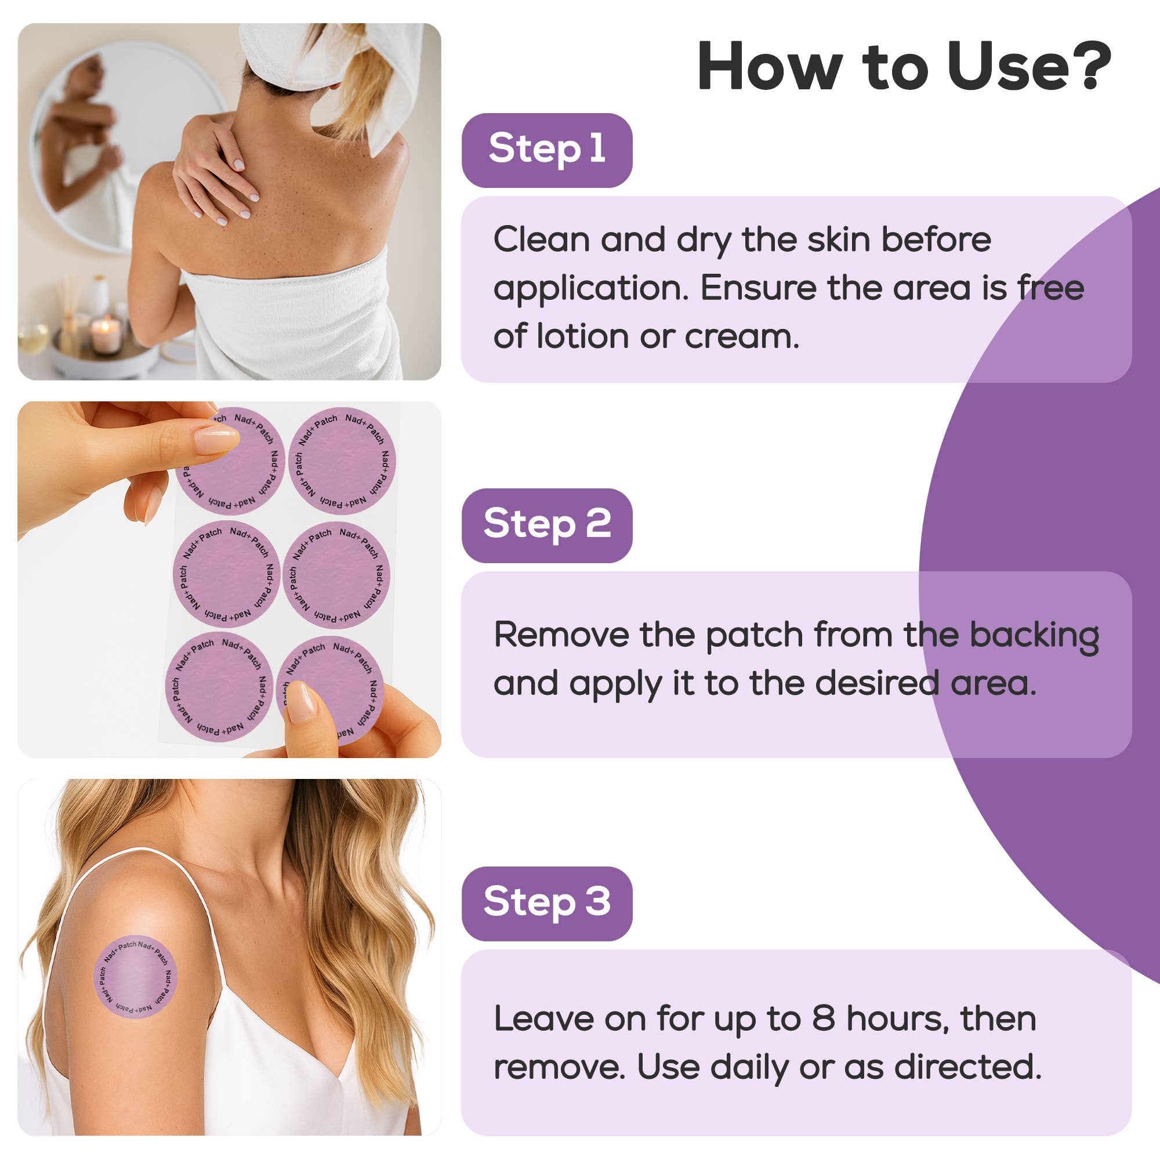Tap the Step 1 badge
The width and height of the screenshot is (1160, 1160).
(x=546, y=150)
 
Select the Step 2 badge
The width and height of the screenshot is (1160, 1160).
(x=546, y=525)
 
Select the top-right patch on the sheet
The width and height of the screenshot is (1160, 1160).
(x=342, y=461)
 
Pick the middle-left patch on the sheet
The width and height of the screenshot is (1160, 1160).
(x=226, y=575)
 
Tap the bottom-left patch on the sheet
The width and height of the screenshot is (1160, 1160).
(x=219, y=686)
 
